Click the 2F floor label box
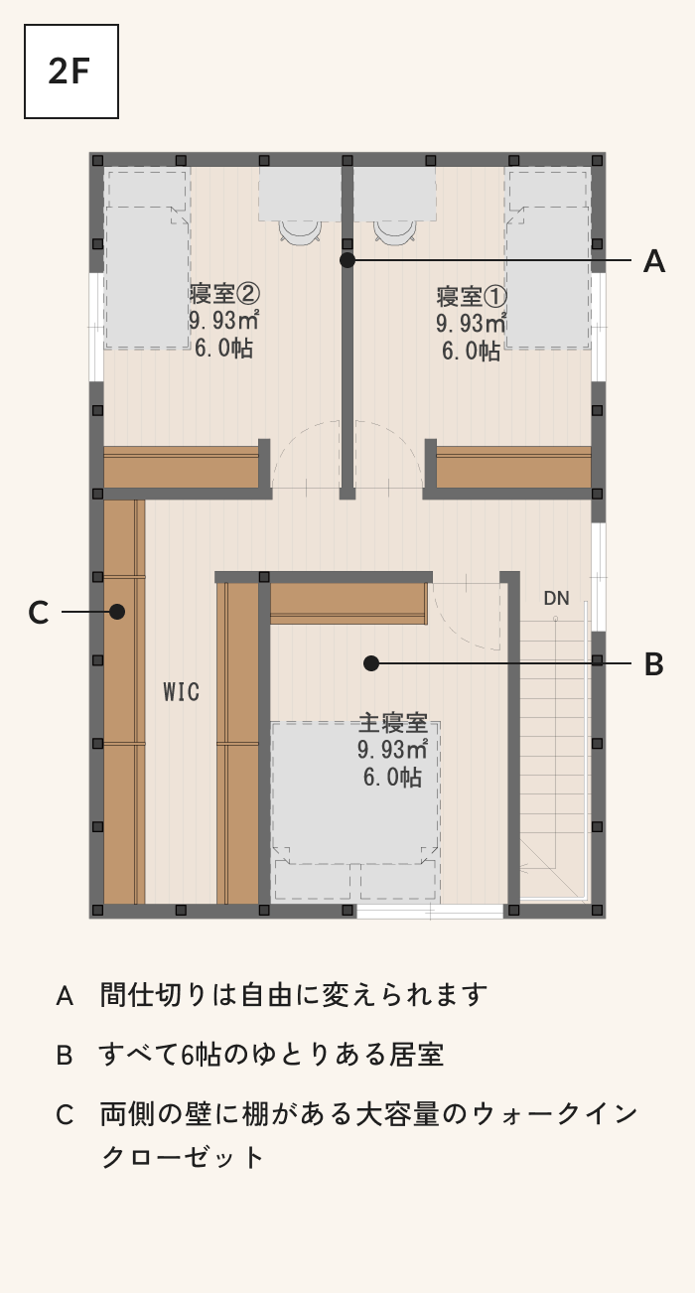coord(71,72)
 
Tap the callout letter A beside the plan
coord(654,261)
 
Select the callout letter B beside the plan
coord(654,663)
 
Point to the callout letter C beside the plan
coord(38,613)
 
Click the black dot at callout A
coord(347,260)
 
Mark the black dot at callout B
coord(371,663)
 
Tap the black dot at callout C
coord(117,612)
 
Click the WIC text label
coord(182,691)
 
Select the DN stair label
coord(556,599)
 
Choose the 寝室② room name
coord(224,293)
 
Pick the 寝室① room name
coord(472,297)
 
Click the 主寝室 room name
coord(393,723)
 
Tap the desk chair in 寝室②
coord(300,230)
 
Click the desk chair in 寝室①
coord(395,230)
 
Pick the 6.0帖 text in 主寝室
coord(392,777)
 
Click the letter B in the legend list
coord(65,1056)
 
